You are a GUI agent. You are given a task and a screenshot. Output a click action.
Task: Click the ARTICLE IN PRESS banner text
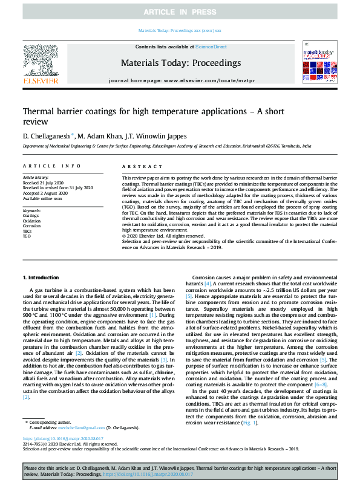click(x=180, y=12)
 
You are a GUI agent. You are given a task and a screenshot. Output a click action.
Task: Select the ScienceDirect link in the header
click(x=211, y=47)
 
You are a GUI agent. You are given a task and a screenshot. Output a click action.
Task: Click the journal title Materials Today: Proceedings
click(x=180, y=63)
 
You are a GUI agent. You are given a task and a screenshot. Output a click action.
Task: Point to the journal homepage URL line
click(x=180, y=80)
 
